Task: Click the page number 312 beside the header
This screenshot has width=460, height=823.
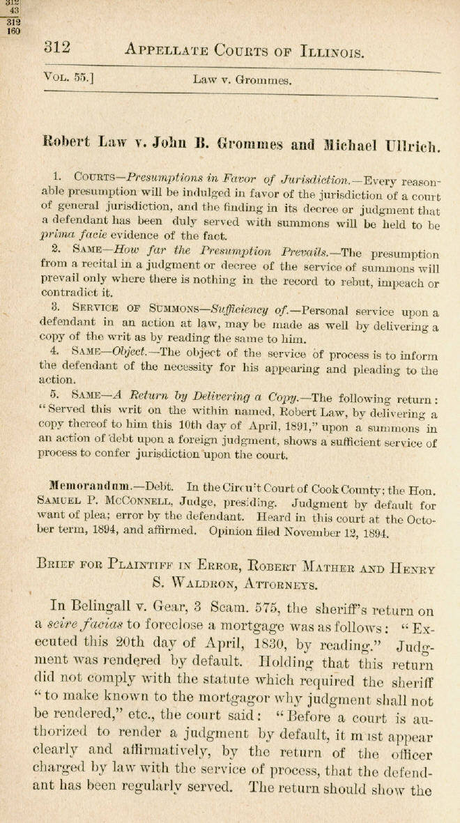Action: pyautogui.click(x=58, y=47)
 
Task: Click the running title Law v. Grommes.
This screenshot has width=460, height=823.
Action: pyautogui.click(x=242, y=80)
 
